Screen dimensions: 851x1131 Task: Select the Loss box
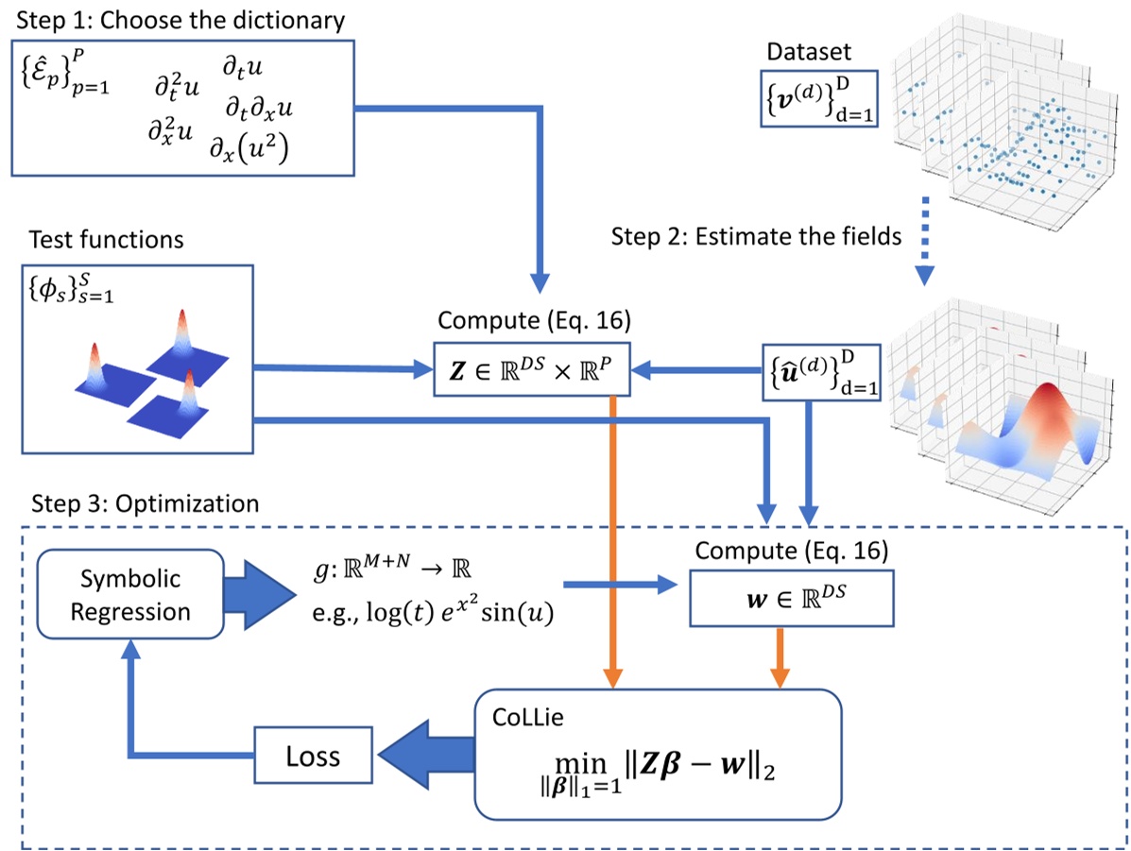click(315, 756)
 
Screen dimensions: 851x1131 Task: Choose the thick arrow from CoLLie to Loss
click(424, 756)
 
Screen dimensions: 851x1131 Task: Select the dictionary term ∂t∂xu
click(258, 109)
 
